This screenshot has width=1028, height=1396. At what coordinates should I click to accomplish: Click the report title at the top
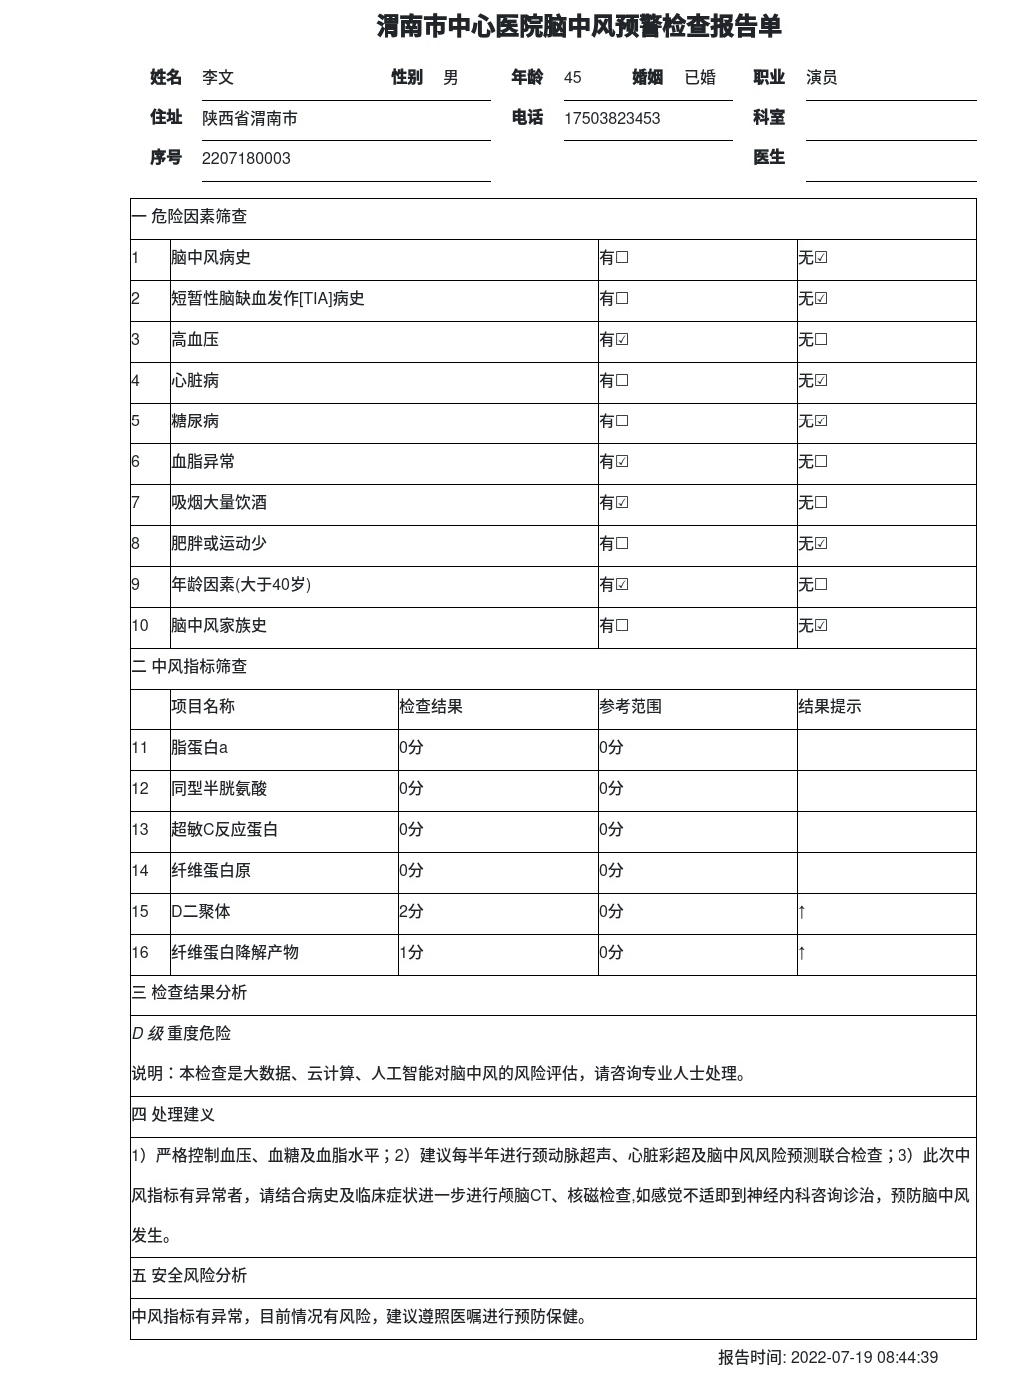(578, 27)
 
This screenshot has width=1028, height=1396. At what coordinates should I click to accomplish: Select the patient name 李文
(218, 78)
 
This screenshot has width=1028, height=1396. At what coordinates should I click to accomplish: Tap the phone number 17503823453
(612, 119)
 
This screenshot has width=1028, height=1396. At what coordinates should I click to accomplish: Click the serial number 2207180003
(246, 159)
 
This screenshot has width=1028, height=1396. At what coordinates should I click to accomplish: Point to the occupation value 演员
(821, 78)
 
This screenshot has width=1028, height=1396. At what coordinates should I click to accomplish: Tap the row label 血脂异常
(203, 462)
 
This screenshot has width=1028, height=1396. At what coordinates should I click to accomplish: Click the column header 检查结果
(431, 707)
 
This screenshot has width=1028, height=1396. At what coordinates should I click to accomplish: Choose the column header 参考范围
(631, 707)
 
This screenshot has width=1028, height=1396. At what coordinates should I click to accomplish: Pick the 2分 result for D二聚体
(411, 912)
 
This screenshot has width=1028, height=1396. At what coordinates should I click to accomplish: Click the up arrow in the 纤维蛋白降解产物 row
(802, 953)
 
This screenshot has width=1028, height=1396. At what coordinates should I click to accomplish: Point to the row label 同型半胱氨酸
(219, 789)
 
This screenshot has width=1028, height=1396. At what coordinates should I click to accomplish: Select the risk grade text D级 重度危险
(181, 1034)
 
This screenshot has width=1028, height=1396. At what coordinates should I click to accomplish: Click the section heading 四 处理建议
(173, 1115)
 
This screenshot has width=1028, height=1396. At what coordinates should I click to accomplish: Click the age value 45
(572, 78)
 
